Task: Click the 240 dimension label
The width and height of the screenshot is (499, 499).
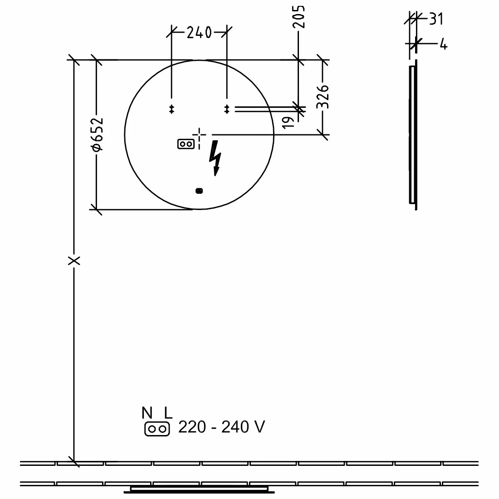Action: coord(199,33)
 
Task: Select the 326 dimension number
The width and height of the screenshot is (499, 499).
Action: coord(323,97)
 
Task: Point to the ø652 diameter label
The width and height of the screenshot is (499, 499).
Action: coord(98,134)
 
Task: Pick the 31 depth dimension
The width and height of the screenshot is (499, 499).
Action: coord(436,19)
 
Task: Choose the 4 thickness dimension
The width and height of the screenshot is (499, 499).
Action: coord(444,44)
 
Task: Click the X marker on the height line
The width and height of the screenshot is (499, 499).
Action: coord(74,261)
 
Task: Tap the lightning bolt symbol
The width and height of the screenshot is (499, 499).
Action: coord(215,157)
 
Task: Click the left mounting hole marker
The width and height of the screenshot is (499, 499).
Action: coord(171,109)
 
